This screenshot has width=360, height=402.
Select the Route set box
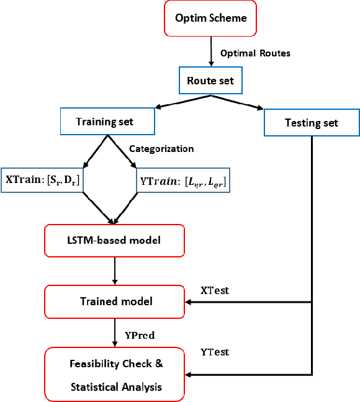tap(212, 81)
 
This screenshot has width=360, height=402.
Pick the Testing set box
tap(311, 122)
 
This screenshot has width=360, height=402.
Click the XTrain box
tap(43, 180)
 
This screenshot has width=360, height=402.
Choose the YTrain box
tap(182, 180)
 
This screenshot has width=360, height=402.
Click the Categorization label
tap(161, 149)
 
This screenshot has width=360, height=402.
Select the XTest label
tap(215, 290)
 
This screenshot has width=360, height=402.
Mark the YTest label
tap(215, 352)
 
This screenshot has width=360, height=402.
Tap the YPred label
tap(140, 336)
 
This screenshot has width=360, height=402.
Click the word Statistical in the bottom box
tap(99, 387)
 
